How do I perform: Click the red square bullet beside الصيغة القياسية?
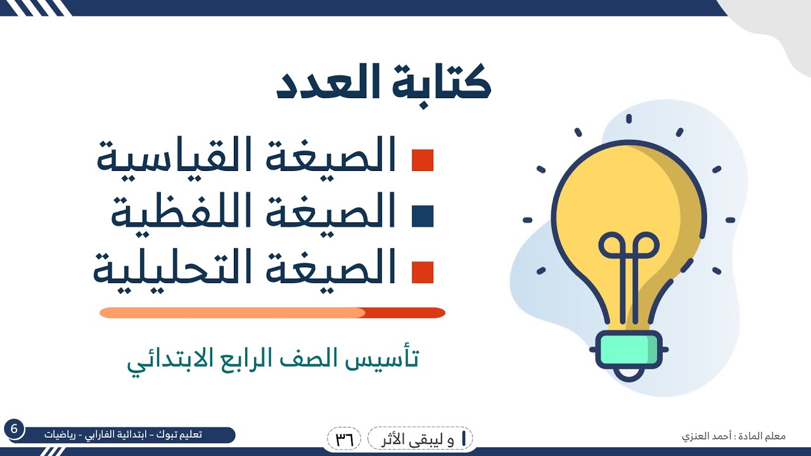(423, 161)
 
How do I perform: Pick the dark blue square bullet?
(423, 216)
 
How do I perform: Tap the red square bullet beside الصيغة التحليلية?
(423, 272)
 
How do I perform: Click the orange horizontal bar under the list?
(272, 313)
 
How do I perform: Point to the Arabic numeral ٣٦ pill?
(344, 438)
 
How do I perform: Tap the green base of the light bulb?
(629, 348)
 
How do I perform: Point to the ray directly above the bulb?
(629, 118)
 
